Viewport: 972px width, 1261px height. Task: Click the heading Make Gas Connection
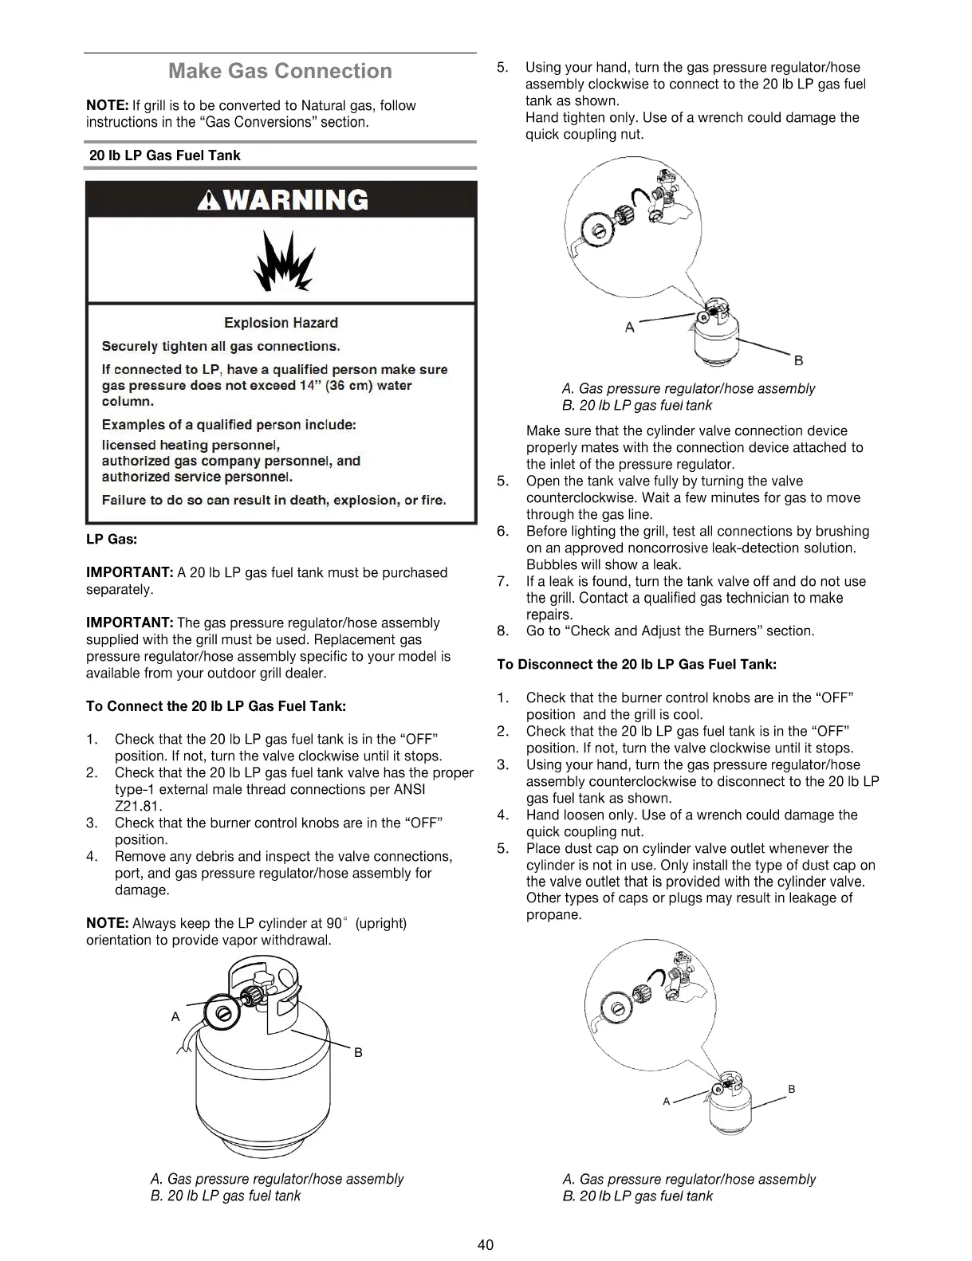click(280, 72)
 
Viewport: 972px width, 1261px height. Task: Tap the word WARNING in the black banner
click(297, 199)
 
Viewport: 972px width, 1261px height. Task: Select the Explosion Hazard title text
click(281, 323)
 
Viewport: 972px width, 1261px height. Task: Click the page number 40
click(486, 1245)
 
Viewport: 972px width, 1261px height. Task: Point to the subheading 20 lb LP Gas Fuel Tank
click(164, 155)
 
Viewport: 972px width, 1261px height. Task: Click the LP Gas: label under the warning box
click(112, 539)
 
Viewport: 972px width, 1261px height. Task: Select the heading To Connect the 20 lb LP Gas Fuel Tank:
click(215, 706)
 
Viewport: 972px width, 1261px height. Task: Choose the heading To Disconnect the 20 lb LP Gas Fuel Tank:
click(636, 664)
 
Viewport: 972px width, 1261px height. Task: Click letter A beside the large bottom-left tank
click(175, 1017)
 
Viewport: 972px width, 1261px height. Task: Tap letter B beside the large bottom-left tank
click(358, 1053)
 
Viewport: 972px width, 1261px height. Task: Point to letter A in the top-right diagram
click(629, 328)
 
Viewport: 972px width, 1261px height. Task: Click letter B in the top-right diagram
click(798, 361)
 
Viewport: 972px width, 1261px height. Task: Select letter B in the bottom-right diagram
click(791, 1089)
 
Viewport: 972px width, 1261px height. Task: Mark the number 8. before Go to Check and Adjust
click(502, 631)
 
